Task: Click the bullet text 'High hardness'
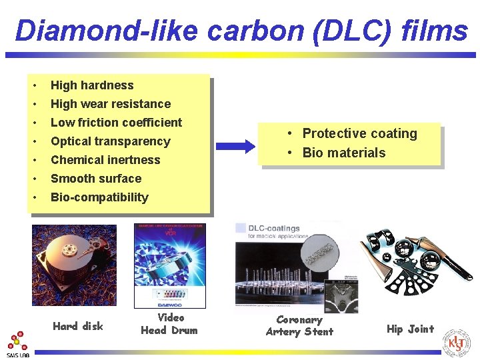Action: pyautogui.click(x=92, y=85)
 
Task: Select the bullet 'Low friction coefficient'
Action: pyautogui.click(x=116, y=123)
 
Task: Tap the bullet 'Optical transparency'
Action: pyautogui.click(x=111, y=141)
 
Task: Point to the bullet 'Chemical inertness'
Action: pyautogui.click(x=105, y=160)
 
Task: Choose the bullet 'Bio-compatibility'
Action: pyautogui.click(x=99, y=197)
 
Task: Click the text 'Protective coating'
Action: pyautogui.click(x=359, y=133)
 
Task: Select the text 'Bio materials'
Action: pyautogui.click(x=344, y=153)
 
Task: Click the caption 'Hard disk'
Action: pyautogui.click(x=78, y=326)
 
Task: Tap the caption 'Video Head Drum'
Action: pyautogui.click(x=169, y=324)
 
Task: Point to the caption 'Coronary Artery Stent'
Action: pyautogui.click(x=299, y=325)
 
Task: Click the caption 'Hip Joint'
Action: pyautogui.click(x=410, y=329)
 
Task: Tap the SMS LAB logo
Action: pyautogui.click(x=18, y=345)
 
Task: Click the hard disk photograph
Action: pyautogui.click(x=74, y=265)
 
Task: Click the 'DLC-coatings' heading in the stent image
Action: pyautogui.click(x=274, y=229)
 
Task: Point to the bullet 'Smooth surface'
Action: pyautogui.click(x=96, y=179)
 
